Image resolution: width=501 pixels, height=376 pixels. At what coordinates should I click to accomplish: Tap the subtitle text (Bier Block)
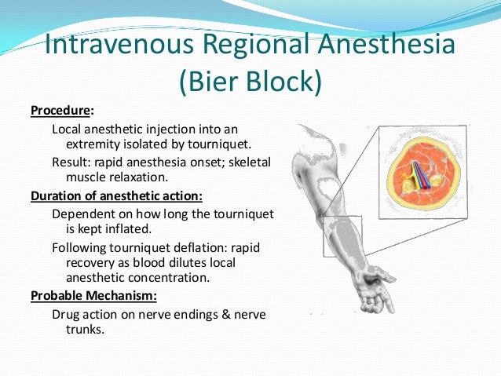pos(251,82)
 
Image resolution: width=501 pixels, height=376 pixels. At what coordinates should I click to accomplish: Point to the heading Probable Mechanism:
pos(93,296)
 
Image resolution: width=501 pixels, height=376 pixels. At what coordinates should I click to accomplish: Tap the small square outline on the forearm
pos(342,235)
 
